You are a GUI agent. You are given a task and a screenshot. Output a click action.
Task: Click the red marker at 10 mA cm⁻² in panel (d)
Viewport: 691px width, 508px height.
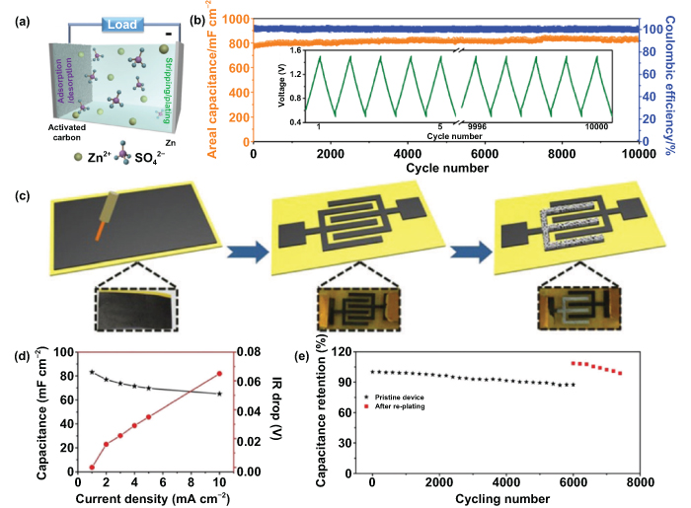pyautogui.click(x=218, y=373)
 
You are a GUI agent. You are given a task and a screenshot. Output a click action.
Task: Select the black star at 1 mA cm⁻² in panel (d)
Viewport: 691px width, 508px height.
pyautogui.click(x=92, y=372)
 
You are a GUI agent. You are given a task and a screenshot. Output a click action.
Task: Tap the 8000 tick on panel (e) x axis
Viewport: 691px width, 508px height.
pyautogui.click(x=638, y=482)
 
